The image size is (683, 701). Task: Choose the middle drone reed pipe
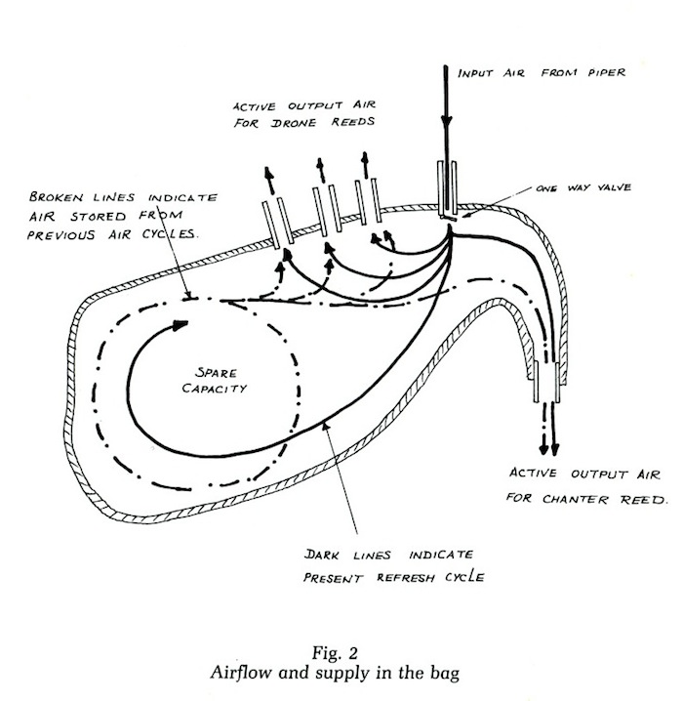point(325,213)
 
